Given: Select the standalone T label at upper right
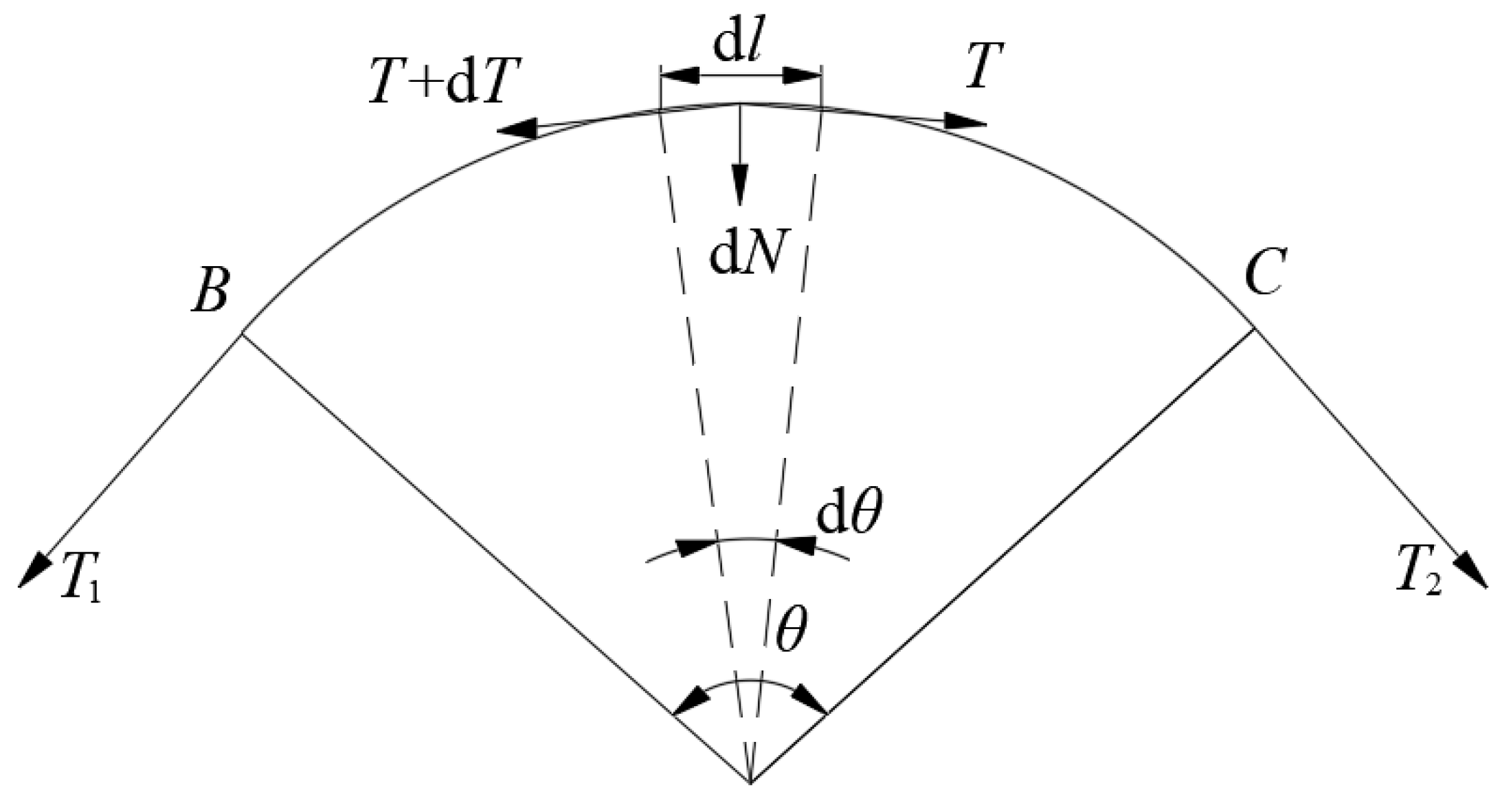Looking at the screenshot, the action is click(x=985, y=66).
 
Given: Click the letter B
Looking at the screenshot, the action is click(x=210, y=289).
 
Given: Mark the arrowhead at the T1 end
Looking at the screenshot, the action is click(x=33, y=571).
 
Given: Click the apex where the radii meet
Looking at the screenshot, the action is click(x=750, y=782).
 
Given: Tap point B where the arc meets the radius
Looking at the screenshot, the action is click(x=242, y=334).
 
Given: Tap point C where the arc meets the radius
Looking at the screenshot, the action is click(x=1255, y=329).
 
